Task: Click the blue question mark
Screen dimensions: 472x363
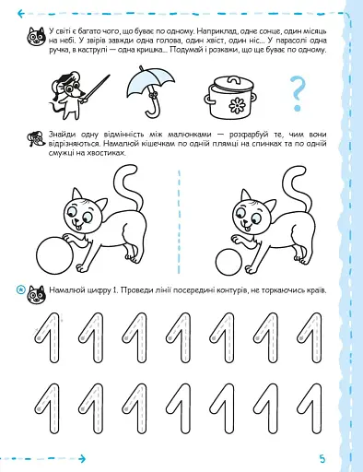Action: pyautogui.click(x=297, y=91)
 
